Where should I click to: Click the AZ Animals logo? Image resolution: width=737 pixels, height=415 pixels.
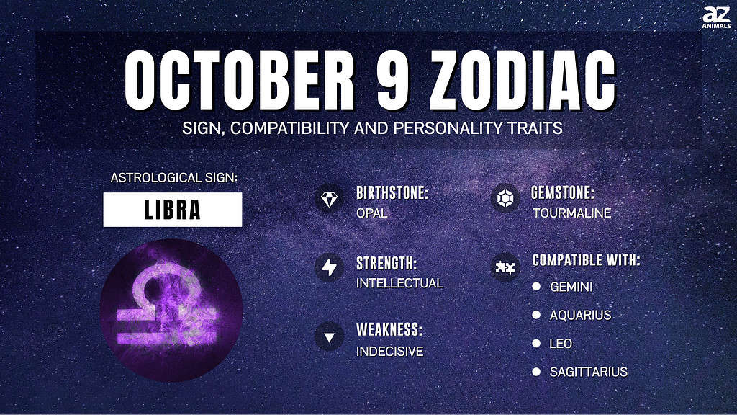(x=716, y=17)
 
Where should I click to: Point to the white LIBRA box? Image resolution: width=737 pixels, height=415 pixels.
(x=173, y=210)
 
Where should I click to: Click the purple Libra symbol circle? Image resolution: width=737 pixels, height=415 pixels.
(x=171, y=310)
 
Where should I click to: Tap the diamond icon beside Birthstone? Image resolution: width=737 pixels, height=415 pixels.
(x=329, y=199)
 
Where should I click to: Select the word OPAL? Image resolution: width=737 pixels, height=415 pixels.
(x=372, y=213)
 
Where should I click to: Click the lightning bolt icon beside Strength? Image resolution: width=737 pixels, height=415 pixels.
(x=329, y=267)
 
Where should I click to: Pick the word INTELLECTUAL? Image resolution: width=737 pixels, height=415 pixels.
(x=399, y=282)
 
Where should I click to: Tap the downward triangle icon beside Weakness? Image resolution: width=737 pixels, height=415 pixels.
(x=329, y=337)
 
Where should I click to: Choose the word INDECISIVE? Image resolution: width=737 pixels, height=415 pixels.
(x=389, y=351)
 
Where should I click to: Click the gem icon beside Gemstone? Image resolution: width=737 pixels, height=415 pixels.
(x=505, y=198)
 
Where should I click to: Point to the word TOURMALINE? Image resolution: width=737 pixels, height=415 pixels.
(x=572, y=213)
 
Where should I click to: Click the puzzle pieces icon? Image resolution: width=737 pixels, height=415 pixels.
(x=505, y=267)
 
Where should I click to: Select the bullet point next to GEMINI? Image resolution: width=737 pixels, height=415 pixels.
(x=536, y=286)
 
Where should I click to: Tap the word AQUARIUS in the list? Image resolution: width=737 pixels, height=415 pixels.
(x=581, y=316)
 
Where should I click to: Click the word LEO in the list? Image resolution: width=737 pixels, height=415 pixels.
(x=561, y=344)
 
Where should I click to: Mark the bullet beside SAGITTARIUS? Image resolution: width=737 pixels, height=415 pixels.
(x=536, y=372)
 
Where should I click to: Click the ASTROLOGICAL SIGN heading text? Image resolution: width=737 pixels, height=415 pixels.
(x=174, y=178)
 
